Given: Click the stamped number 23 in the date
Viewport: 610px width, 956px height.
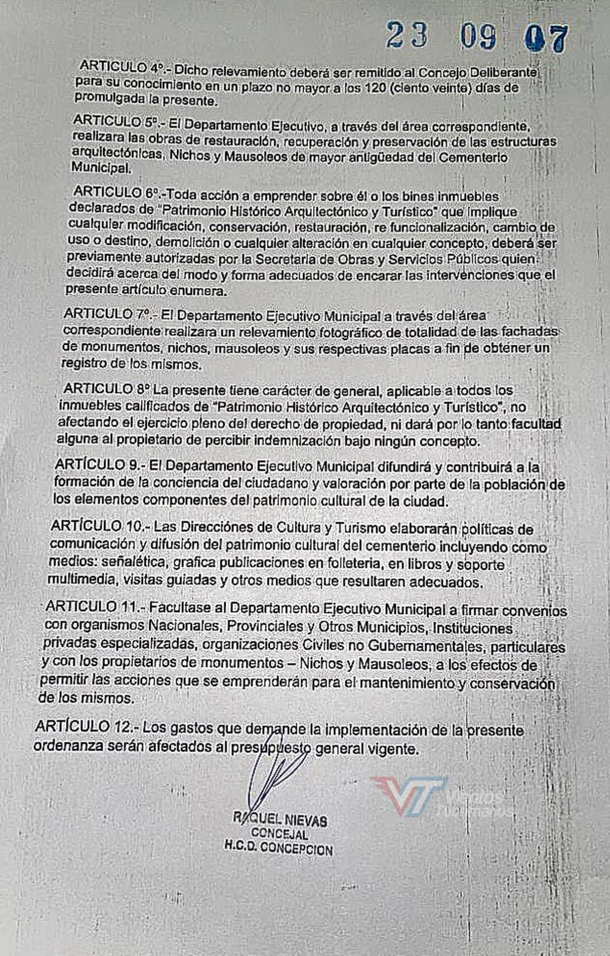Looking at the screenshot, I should pos(407,35).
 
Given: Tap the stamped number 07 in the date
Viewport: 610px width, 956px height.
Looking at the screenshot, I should pos(547,38).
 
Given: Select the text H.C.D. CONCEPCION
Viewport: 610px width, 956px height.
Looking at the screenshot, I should pos(278,848).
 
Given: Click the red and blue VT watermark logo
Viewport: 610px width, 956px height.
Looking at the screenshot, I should pos(408,793).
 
